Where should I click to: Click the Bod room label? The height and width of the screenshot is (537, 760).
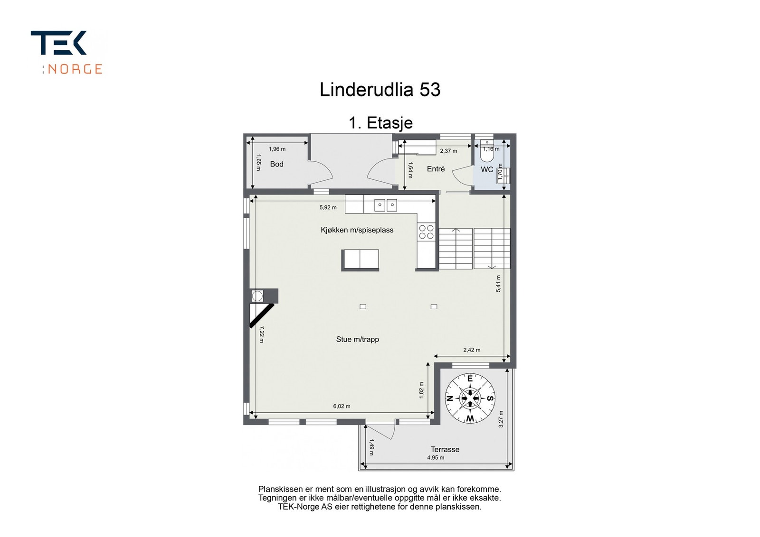(x=276, y=164)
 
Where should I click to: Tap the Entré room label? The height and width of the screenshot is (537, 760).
(x=436, y=169)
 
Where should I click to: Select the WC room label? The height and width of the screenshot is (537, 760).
(x=487, y=169)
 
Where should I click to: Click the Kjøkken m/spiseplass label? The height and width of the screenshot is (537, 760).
(x=357, y=230)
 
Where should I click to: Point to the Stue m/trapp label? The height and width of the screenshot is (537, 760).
(x=357, y=339)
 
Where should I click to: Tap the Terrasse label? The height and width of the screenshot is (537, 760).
(x=445, y=449)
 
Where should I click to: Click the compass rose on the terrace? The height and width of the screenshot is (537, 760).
(x=470, y=398)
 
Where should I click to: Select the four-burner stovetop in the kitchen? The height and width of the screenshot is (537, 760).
(x=426, y=232)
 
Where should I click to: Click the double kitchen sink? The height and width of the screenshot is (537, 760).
(x=385, y=205)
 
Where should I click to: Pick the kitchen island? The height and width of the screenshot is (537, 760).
(x=360, y=259)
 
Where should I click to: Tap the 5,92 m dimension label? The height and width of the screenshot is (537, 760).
(x=328, y=207)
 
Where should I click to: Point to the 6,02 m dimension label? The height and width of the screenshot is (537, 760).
(x=342, y=406)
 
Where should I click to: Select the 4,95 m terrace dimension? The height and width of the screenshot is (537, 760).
(x=436, y=458)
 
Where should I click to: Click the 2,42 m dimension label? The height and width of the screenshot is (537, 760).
(x=472, y=350)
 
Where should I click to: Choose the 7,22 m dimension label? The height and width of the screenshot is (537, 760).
(x=262, y=334)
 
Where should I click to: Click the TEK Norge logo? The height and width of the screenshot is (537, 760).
(x=67, y=53)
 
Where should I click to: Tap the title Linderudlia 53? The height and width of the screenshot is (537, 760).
(x=380, y=90)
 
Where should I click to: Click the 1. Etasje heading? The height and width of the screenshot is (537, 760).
(x=380, y=123)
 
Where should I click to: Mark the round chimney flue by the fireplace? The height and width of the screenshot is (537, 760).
(x=257, y=296)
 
